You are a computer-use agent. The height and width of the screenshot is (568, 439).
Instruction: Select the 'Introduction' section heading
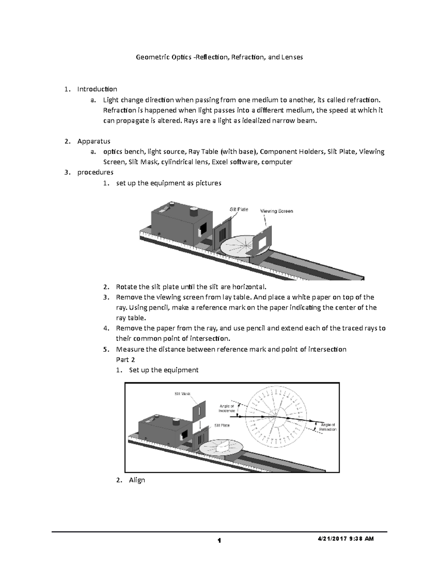tap(97, 89)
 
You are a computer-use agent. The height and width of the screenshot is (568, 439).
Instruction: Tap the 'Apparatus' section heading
tap(94, 141)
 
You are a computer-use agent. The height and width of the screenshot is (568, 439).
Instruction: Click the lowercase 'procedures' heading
tap(95, 172)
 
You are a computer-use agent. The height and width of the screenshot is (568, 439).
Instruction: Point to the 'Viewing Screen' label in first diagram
tap(276, 211)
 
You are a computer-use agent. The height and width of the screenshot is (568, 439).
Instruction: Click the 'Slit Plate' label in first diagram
tap(239, 209)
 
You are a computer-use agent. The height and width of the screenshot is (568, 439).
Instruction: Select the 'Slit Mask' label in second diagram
tap(182, 394)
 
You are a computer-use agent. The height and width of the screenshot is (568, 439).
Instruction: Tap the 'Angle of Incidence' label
tap(227, 408)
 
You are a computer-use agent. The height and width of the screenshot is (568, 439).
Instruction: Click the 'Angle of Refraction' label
tap(327, 427)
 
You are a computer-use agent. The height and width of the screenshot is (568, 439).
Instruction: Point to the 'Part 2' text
tap(125, 360)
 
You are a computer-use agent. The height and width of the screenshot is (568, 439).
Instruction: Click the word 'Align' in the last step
tap(137, 480)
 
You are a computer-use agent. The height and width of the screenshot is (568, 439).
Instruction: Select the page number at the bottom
tap(219, 541)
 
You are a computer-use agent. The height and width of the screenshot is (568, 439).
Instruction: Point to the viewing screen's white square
tap(263, 241)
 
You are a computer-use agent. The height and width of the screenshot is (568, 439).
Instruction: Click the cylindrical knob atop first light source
tap(194, 212)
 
